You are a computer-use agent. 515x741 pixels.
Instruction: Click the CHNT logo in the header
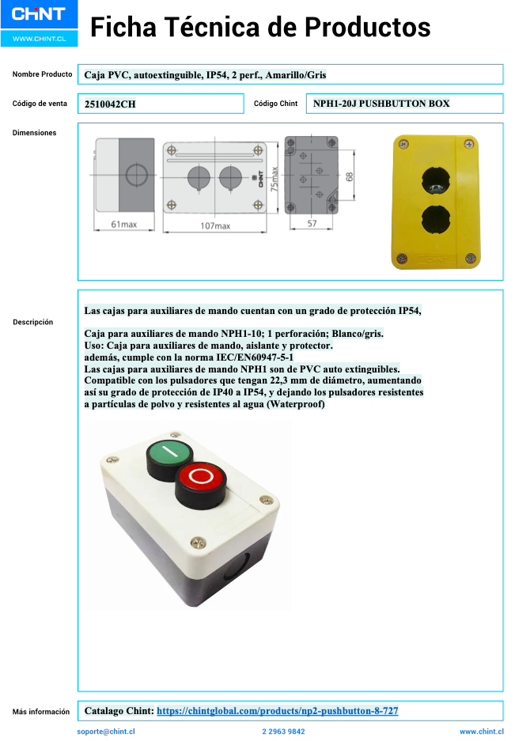(x=39, y=14)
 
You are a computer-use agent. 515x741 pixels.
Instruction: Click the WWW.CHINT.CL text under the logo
(x=39, y=38)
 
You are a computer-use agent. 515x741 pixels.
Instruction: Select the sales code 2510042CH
(x=110, y=104)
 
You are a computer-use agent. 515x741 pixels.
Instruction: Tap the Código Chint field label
(x=275, y=104)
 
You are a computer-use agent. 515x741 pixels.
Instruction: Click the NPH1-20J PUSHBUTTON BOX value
(x=381, y=104)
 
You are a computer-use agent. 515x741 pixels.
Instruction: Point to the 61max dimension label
(x=123, y=225)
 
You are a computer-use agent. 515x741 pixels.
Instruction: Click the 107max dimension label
(x=214, y=225)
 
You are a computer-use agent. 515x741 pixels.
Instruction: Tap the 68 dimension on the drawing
(x=349, y=178)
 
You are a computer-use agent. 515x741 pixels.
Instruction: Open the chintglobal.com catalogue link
(x=277, y=711)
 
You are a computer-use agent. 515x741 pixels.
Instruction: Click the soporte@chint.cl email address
(x=106, y=732)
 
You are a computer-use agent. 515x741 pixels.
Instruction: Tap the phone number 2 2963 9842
(x=283, y=732)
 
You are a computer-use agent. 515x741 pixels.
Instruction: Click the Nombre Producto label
(x=42, y=74)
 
